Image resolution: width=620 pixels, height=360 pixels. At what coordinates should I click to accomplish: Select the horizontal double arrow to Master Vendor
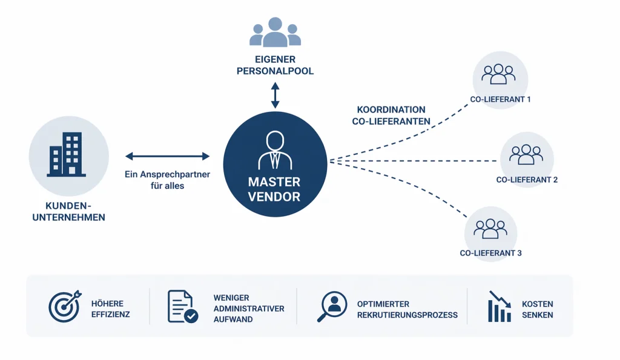pyautogui.click(x=167, y=156)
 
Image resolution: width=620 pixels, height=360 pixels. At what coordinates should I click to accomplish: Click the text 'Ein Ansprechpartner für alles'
pyautogui.click(x=167, y=180)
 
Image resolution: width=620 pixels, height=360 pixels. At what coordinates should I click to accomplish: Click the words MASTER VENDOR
pyautogui.click(x=274, y=189)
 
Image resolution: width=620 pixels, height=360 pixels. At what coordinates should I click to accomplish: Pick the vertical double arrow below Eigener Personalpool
pyautogui.click(x=275, y=95)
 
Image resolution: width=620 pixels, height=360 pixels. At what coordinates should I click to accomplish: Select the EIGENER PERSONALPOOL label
pyautogui.click(x=275, y=65)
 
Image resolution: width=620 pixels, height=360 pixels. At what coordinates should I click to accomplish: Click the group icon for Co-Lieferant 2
pyautogui.click(x=526, y=154)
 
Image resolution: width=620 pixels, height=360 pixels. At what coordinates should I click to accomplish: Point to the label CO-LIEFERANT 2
pyautogui.click(x=527, y=180)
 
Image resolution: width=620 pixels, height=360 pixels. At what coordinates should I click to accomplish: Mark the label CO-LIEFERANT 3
pyautogui.click(x=490, y=253)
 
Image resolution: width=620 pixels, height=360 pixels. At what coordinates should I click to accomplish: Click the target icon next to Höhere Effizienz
pyautogui.click(x=64, y=307)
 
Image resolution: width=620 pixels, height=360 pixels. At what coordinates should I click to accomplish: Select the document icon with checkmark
pyautogui.click(x=182, y=307)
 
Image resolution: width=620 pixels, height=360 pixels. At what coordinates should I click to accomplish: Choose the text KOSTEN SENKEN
pyautogui.click(x=537, y=309)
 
